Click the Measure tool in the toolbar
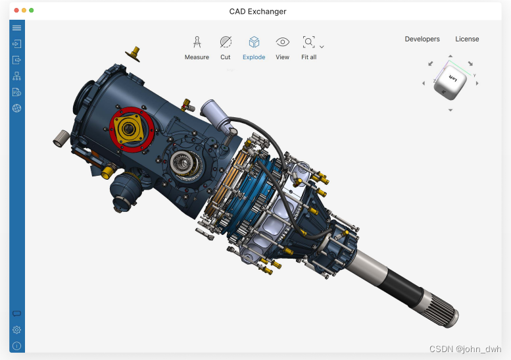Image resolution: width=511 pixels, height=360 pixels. (197, 43)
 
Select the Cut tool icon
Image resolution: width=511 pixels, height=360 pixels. (226, 43)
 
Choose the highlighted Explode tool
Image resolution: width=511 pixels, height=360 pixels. (254, 43)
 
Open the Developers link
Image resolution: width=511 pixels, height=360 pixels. (422, 39)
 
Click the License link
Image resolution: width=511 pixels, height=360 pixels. (467, 39)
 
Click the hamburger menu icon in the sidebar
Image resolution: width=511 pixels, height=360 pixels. (17, 28)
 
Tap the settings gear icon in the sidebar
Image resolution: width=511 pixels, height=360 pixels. (17, 330)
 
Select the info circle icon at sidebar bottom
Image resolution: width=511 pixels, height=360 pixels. (17, 346)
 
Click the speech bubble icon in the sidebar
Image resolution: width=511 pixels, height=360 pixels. (17, 314)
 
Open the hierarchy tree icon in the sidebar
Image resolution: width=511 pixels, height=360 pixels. (17, 76)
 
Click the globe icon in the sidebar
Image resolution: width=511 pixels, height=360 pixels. (17, 108)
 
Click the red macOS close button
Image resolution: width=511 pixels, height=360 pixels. (16, 11)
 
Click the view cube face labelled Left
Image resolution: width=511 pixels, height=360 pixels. (452, 79)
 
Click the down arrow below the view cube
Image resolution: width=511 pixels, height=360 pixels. (450, 110)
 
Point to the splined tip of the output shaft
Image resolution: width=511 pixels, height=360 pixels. (445, 313)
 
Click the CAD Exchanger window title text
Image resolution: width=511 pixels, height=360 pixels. (258, 11)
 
